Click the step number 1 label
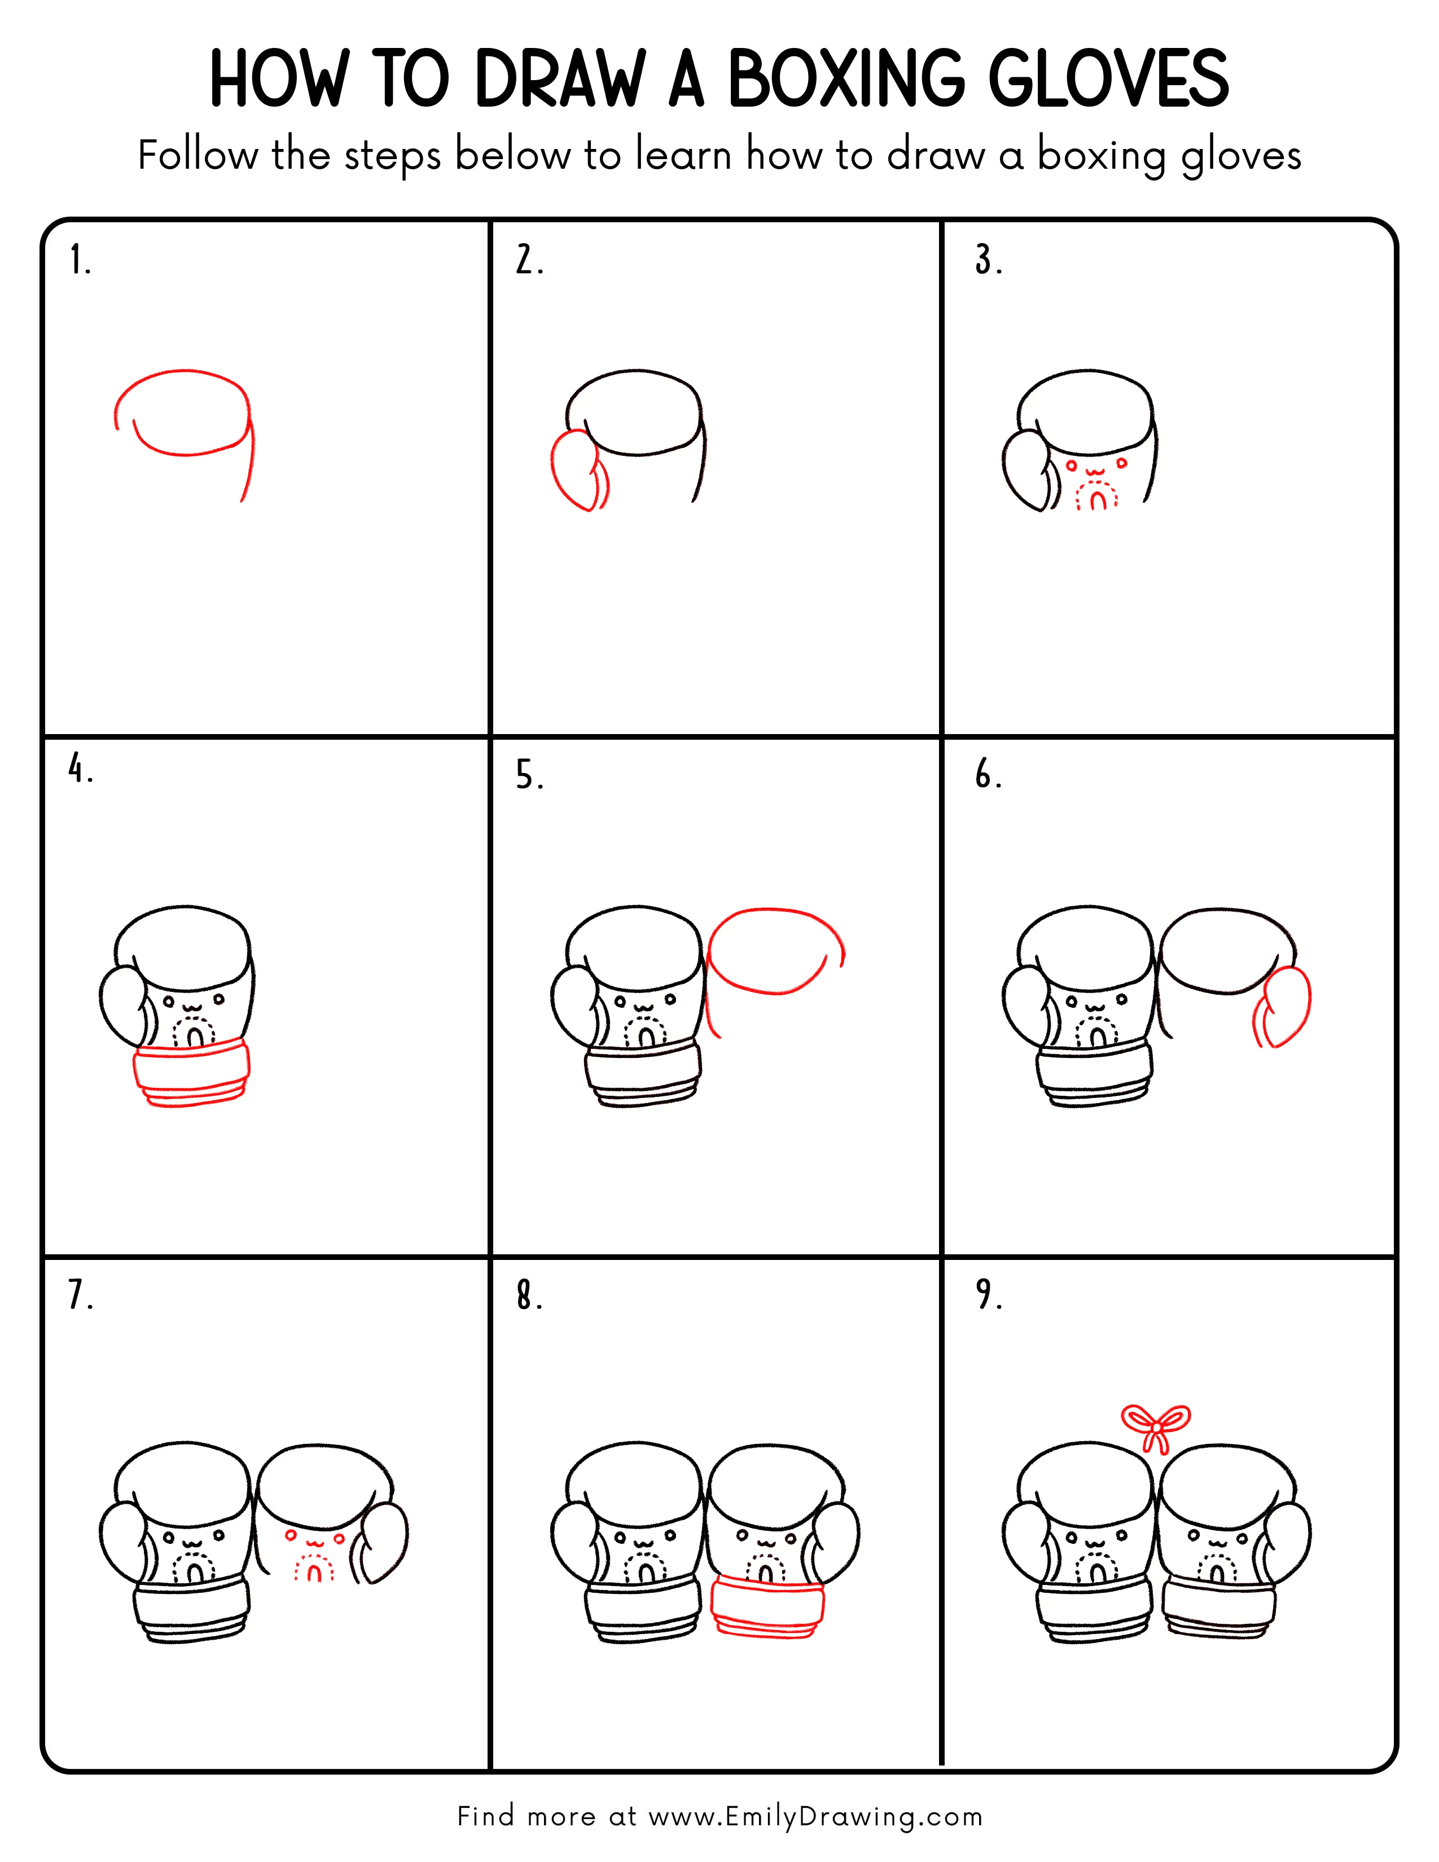coord(79,260)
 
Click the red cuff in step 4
coord(192,1073)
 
